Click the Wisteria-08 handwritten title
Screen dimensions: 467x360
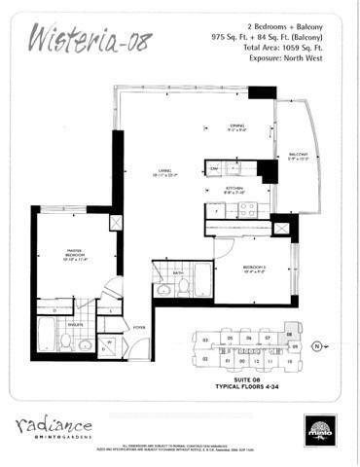click(84, 40)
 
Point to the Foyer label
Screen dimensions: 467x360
click(139, 328)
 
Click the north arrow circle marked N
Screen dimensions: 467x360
click(314, 345)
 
